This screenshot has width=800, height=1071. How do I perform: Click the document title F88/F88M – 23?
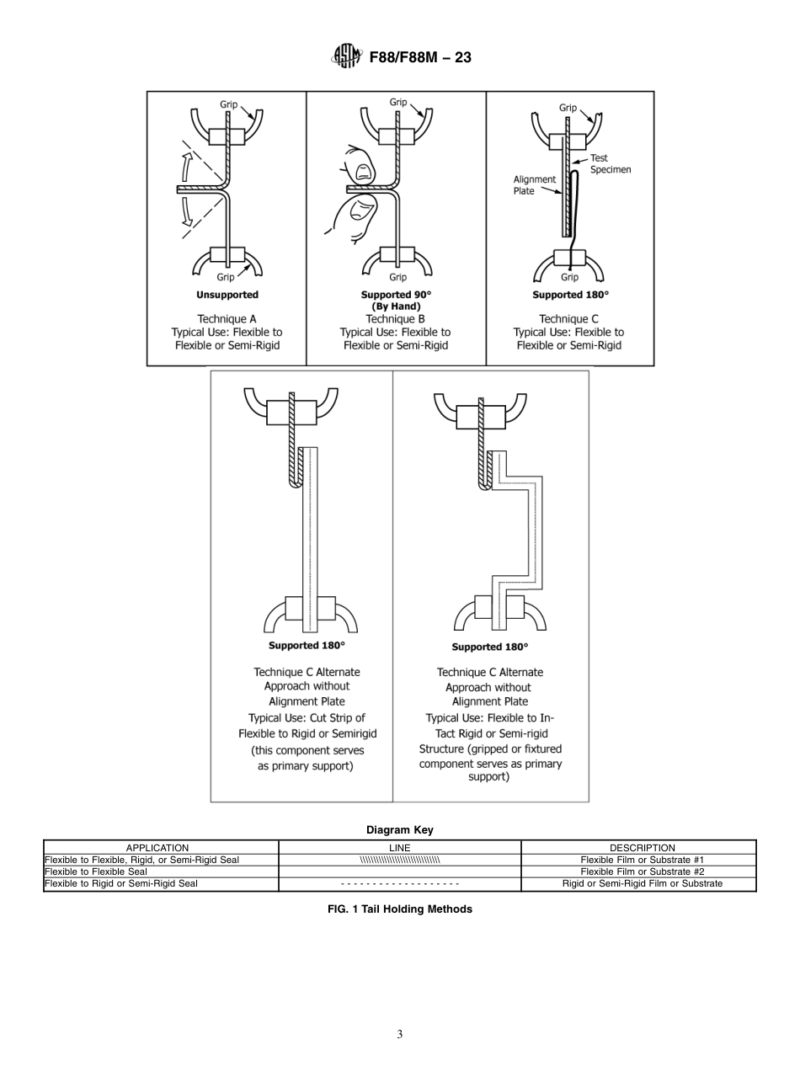click(420, 57)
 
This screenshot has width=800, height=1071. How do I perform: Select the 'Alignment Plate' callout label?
click(535, 185)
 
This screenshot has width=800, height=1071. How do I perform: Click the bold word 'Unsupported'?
click(227, 295)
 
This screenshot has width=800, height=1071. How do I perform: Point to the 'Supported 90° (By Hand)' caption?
click(396, 301)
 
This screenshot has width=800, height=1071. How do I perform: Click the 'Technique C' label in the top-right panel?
click(569, 319)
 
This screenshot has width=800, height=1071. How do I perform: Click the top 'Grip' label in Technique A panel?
click(229, 104)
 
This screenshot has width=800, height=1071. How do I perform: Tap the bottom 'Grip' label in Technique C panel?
click(569, 277)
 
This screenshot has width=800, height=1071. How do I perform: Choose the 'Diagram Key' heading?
click(399, 829)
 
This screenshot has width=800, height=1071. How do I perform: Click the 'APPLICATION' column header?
click(157, 848)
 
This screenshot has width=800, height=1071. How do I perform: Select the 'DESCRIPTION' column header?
click(642, 848)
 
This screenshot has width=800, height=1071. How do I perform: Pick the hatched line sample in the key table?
click(399, 860)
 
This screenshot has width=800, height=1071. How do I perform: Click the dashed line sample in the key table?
click(399, 884)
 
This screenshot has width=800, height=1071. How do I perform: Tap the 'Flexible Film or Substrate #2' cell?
click(642, 871)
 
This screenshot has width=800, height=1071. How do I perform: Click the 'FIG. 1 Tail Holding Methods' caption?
click(399, 909)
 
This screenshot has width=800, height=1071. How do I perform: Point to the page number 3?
click(399, 1035)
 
